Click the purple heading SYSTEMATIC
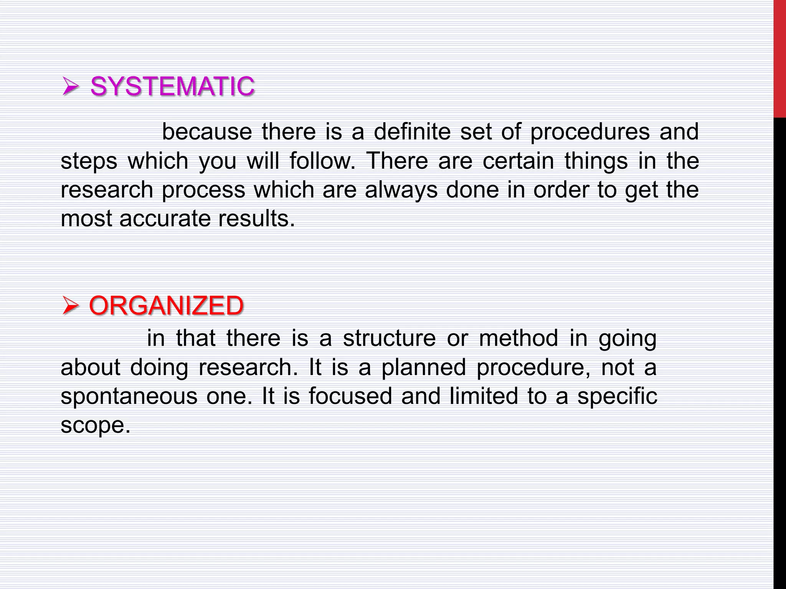pos(172,86)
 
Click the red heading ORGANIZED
pos(166,306)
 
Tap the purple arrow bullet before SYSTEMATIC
pos(70,87)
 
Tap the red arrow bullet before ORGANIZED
pos(70,306)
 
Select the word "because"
pos(207,132)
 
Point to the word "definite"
pos(412,132)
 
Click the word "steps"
pos(89,161)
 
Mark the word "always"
pos(401,190)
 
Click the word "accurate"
pos(165,219)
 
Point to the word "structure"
pos(389,338)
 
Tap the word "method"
pos(518,338)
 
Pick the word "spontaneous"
pos(129,396)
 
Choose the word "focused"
pos(350,396)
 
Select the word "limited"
pos(483,396)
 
